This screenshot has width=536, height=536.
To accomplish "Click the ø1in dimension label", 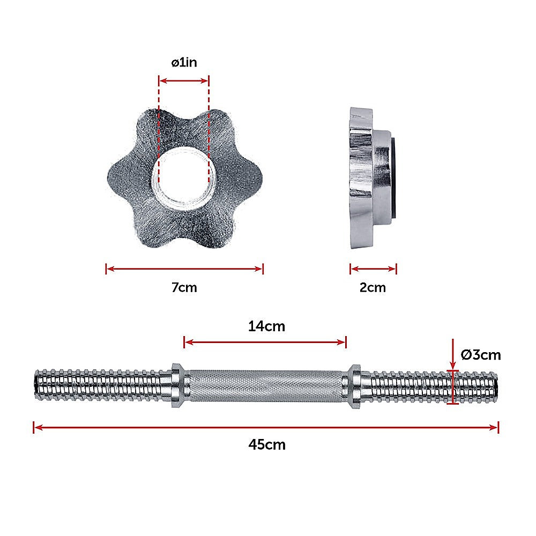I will tap(184, 63).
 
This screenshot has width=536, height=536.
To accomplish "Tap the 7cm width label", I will tap(184, 287).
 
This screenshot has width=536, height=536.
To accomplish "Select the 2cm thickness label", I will tap(373, 287).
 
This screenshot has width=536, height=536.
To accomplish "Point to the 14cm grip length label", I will tap(266, 326).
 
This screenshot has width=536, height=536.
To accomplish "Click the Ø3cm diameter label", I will tap(480, 354).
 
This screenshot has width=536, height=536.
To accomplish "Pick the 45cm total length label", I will tap(267, 444).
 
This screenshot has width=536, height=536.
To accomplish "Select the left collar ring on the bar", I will tap(178, 386).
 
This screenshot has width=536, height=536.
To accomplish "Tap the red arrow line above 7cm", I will tap(184, 269).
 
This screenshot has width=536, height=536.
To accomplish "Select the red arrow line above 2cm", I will tap(373, 269).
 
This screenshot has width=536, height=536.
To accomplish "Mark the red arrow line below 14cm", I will tap(265, 342).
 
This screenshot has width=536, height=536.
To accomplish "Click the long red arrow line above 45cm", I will tap(266, 427).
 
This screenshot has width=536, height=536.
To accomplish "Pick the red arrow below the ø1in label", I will tap(184, 81).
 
